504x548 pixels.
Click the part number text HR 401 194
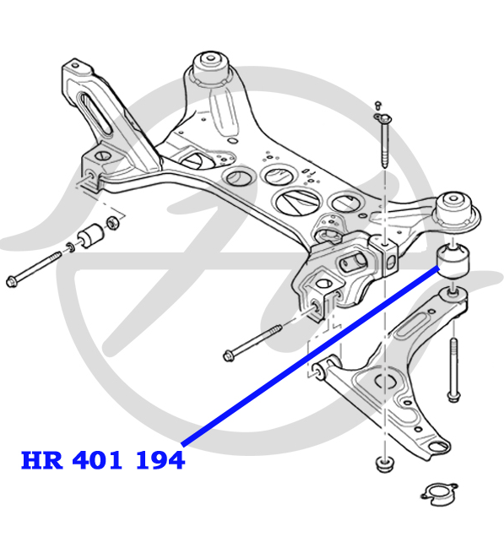coord(103,459)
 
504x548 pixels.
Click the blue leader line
coord(310,355)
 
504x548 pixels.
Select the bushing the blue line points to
coord(453,261)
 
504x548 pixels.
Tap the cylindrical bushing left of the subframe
coord(90,235)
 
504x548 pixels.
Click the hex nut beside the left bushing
coord(112,223)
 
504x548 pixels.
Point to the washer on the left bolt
coord(70,247)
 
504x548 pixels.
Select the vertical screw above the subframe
coord(384,140)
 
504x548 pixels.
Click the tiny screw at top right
coord(377,105)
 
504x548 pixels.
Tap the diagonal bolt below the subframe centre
coord(252,343)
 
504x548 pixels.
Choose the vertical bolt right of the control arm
coord(453,370)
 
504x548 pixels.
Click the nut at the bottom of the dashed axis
coord(384,464)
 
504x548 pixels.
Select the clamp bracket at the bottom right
coord(439,494)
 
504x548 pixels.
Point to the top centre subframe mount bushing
coord(211,69)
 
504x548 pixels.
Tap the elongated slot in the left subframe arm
coord(95,112)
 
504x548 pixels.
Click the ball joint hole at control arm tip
coord(439,447)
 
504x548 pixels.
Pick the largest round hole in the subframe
coord(297,202)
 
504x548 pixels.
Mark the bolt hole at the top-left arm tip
coord(75,65)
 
